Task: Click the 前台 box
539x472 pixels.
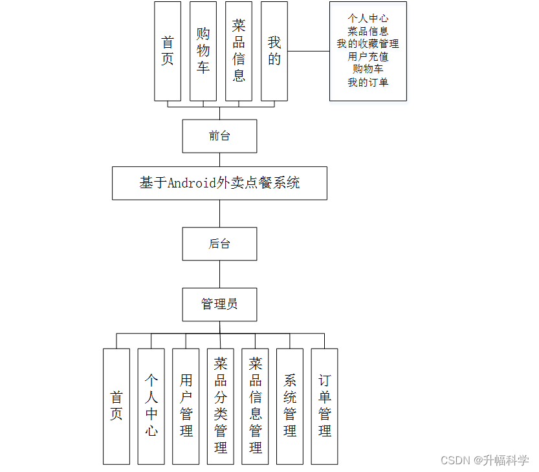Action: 219,136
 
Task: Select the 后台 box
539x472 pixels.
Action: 219,244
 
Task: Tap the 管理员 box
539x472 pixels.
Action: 219,304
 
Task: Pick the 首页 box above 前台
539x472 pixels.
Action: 168,51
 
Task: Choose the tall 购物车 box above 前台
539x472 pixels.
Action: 203,51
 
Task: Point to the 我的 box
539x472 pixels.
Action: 274,51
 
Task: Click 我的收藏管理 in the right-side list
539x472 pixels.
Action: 368,44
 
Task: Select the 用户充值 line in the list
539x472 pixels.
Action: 368,56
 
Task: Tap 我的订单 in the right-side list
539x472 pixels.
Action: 368,82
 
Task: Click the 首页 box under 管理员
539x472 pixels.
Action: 116,406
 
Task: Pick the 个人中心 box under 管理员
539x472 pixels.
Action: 151,406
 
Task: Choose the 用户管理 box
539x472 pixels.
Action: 186,406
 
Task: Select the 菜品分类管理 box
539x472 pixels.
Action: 221,406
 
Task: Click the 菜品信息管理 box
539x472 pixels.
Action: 256,406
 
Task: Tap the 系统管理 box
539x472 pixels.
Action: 290,406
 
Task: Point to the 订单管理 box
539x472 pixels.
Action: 325,406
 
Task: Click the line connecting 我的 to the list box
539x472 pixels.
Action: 309,51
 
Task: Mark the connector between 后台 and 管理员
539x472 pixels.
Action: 219,274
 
